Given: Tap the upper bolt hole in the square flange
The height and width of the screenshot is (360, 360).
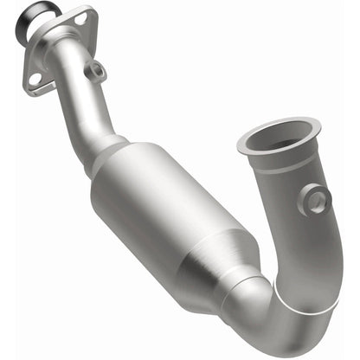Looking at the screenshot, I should [81, 17].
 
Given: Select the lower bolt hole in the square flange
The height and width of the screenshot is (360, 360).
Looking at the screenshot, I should [35, 79].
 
